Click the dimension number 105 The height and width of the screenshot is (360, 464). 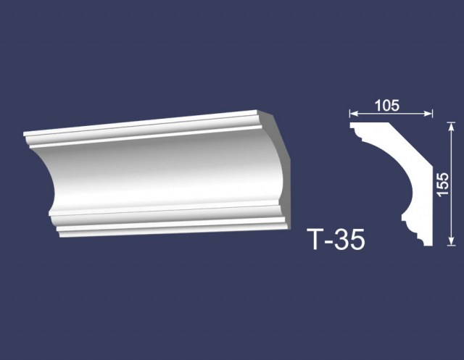(387, 106)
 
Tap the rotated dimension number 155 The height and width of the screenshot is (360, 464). (443, 184)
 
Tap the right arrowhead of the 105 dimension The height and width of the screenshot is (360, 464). (428, 114)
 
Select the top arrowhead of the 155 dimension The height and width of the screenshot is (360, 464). (451, 127)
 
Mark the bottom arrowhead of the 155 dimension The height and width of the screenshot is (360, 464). (451, 241)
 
